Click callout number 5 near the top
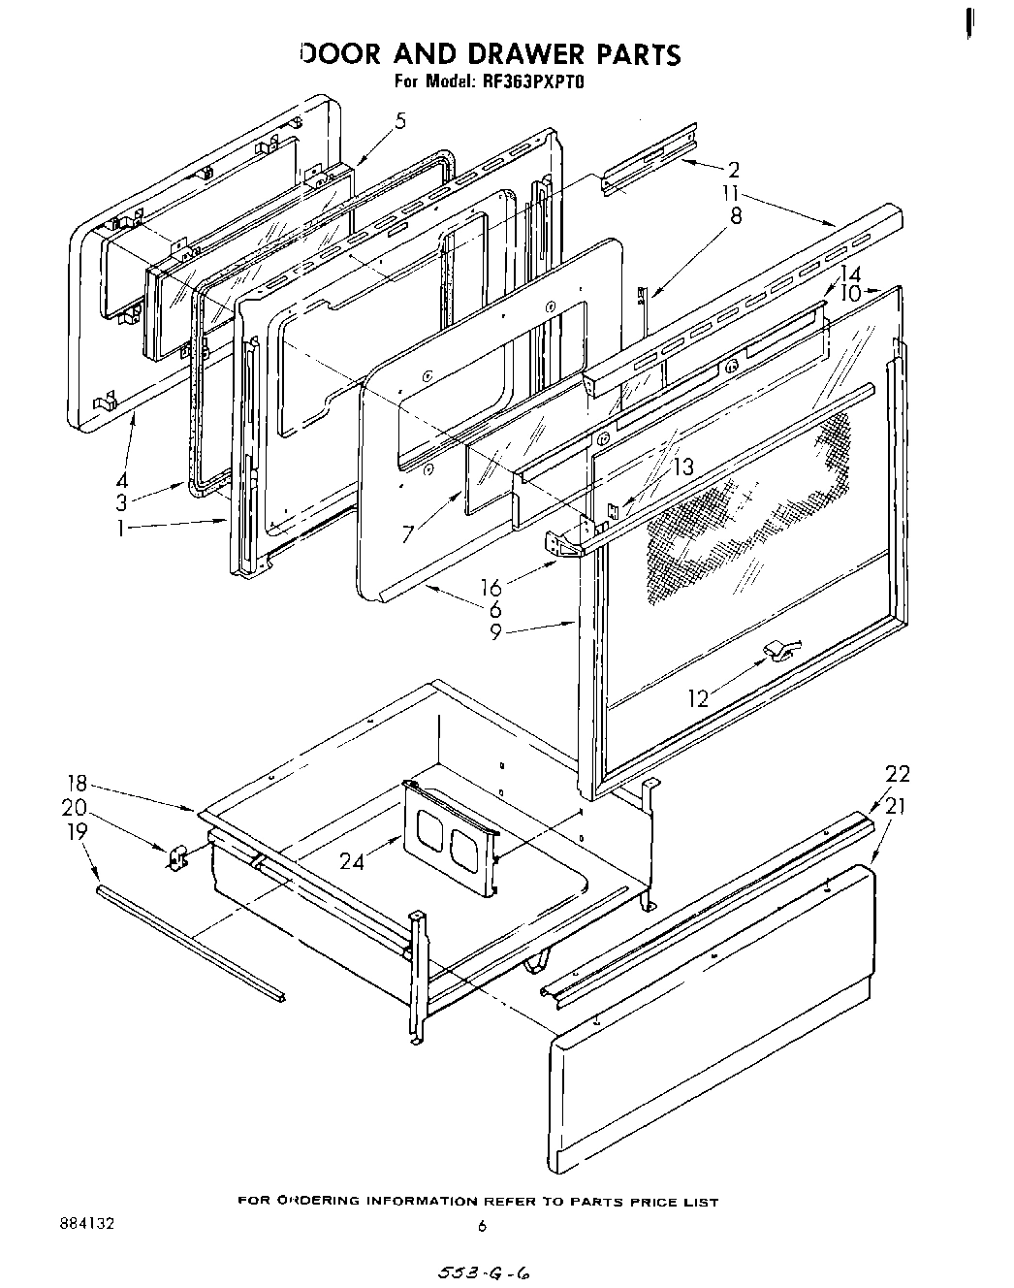click(400, 122)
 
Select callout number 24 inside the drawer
click(352, 860)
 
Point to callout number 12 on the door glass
click(698, 697)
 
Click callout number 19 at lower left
click(78, 831)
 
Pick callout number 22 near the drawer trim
click(898, 774)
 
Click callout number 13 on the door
click(683, 467)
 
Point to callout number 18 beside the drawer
click(78, 784)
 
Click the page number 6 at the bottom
click(481, 1226)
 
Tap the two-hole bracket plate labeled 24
click(450, 836)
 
